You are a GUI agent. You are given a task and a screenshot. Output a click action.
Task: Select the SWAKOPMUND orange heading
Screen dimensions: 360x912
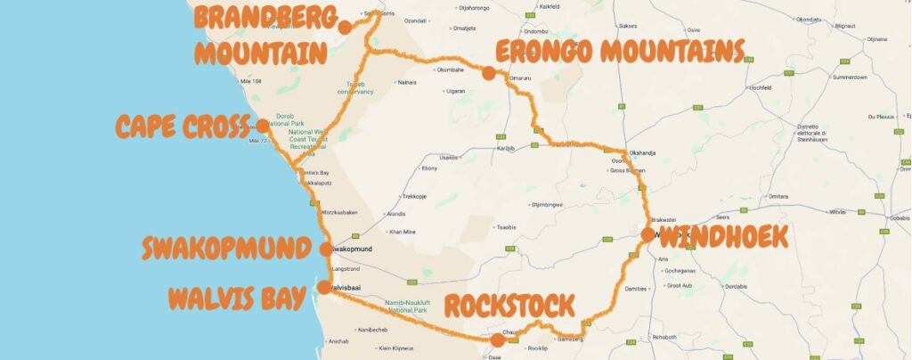coord(228,249)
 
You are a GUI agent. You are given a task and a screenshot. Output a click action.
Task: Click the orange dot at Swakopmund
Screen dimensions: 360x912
coord(326,250)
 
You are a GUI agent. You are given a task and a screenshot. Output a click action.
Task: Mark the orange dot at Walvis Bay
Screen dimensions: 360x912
coord(323,288)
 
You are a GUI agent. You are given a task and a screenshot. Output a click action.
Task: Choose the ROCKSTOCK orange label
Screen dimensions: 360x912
coord(509,307)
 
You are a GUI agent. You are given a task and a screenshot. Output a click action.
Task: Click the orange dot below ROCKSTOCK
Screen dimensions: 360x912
coord(497,339)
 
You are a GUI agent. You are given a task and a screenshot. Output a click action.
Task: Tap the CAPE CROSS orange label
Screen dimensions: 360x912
coord(182,127)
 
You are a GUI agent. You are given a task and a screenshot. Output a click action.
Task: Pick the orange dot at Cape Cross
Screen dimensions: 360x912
coord(263,126)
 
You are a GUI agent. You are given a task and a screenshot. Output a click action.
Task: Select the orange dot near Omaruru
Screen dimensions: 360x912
coord(488,73)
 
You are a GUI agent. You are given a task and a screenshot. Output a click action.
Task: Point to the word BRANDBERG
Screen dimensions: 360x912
coord(266,18)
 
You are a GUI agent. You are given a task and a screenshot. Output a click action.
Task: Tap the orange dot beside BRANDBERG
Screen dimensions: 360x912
coord(345,27)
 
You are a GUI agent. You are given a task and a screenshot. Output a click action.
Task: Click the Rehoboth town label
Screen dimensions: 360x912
coord(664,337)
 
